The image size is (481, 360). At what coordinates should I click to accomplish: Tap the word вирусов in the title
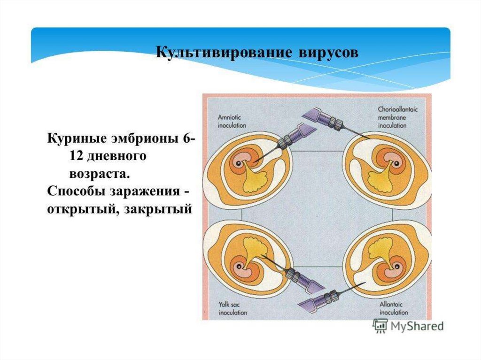(x=328, y=51)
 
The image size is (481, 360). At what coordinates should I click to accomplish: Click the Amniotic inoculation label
(x=232, y=122)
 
